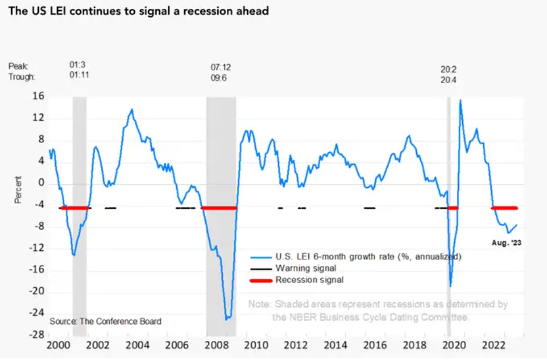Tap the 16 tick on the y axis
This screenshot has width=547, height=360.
tap(37, 96)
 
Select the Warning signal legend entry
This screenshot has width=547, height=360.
tap(305, 268)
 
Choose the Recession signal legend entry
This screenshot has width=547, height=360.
tap(309, 280)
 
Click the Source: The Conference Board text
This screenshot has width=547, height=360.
tap(105, 321)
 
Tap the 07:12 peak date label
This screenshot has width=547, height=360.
tap(219, 67)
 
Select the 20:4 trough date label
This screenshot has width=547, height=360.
tap(448, 80)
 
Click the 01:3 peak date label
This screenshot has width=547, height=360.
tap(77, 65)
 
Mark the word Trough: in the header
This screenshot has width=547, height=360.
tap(22, 77)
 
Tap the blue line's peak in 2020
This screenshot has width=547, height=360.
tap(460, 100)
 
